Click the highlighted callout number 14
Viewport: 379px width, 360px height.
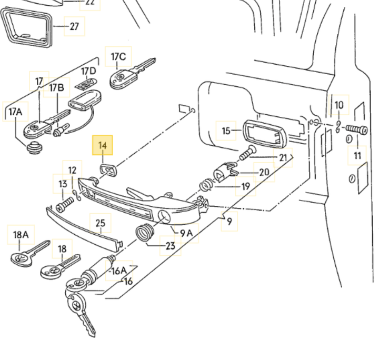(103, 145)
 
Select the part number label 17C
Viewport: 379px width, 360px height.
(118, 56)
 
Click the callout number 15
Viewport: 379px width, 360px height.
(226, 131)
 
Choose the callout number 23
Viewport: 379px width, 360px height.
(170, 245)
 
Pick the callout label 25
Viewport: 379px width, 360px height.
(101, 223)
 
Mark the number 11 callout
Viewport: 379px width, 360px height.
(358, 155)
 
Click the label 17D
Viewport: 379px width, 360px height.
(88, 71)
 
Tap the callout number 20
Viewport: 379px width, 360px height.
(264, 172)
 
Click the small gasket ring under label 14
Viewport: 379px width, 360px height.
(108, 170)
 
